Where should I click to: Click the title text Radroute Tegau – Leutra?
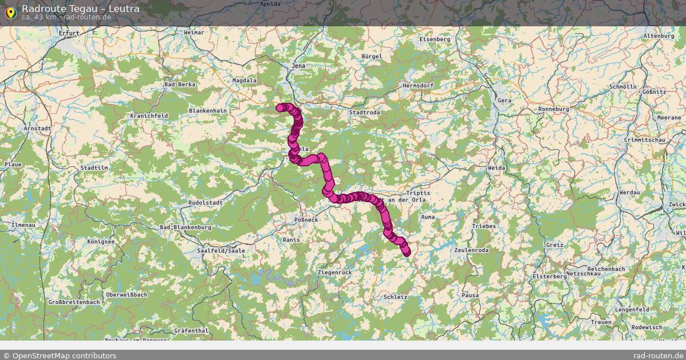pos(81,9)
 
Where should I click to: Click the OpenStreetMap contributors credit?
pos(59,355)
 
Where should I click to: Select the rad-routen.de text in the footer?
pos(659,355)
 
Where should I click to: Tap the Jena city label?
pos(298,66)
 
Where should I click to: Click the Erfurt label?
pos(68,33)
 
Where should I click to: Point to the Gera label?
pos(504,100)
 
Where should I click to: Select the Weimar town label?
pos(194,33)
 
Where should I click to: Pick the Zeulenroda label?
pos(472,250)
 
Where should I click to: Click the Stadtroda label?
pos(364,113)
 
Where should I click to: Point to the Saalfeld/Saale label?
pos(221,250)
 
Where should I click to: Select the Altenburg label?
pos(659,35)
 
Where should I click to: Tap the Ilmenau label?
pos(23,225)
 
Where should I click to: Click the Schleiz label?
pos(396,297)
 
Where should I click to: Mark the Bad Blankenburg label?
pos(186,227)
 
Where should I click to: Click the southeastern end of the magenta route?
pos(406,253)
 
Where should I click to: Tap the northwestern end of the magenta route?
pos(280,107)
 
